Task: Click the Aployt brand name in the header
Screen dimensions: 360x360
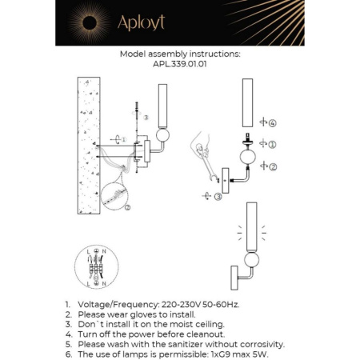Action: (140, 22)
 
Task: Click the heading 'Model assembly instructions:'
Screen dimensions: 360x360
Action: (179, 54)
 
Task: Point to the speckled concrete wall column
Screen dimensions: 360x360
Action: (88, 144)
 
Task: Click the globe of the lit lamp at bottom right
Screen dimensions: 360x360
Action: (253, 260)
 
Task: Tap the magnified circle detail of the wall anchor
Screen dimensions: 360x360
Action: (118, 196)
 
